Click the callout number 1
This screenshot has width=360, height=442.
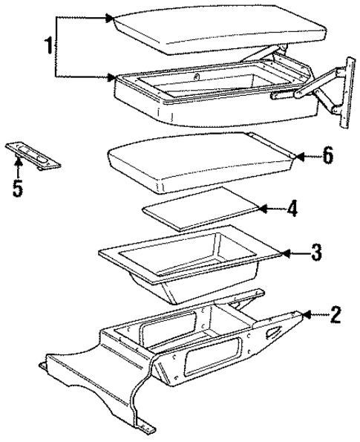48,46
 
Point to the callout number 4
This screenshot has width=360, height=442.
292,209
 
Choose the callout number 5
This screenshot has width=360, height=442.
17,186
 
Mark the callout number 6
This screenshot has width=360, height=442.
327,156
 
